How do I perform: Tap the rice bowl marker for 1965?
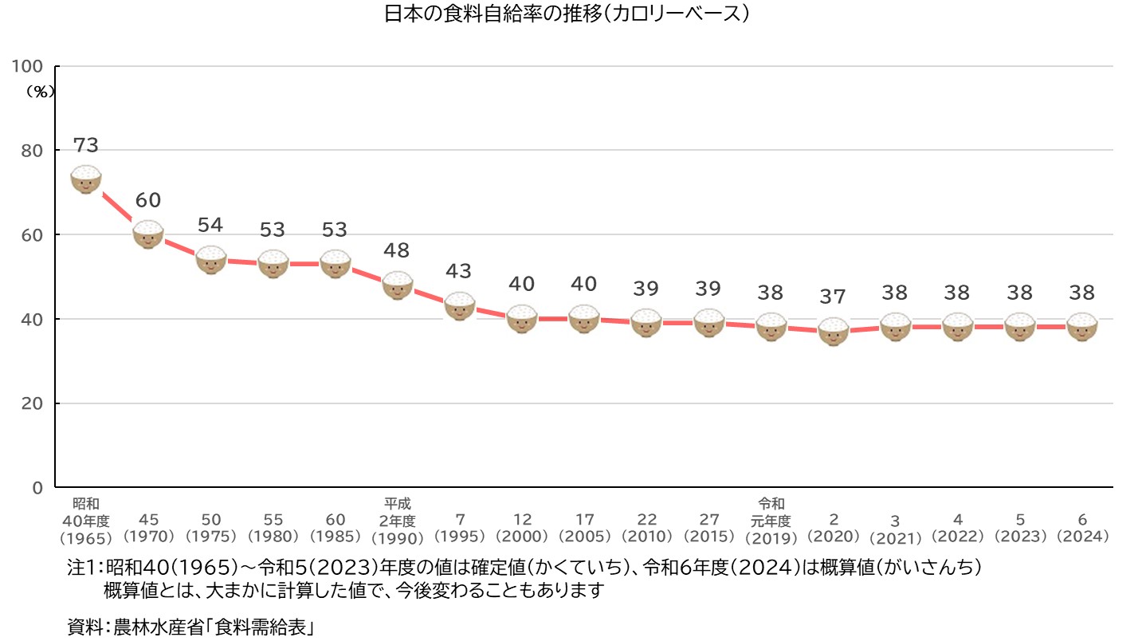86,179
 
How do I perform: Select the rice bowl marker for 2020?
834,331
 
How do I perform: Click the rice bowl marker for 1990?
397,285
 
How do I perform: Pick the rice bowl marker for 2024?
1082,326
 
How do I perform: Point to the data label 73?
86,145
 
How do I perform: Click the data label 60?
148,200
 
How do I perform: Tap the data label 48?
397,250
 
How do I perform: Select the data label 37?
834,297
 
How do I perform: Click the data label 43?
459,271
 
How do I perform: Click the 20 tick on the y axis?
33,403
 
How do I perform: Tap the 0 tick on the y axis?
37,487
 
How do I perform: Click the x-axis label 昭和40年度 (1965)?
86,520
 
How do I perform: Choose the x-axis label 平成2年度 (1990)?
397,520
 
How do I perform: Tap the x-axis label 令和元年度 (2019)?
771,520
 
